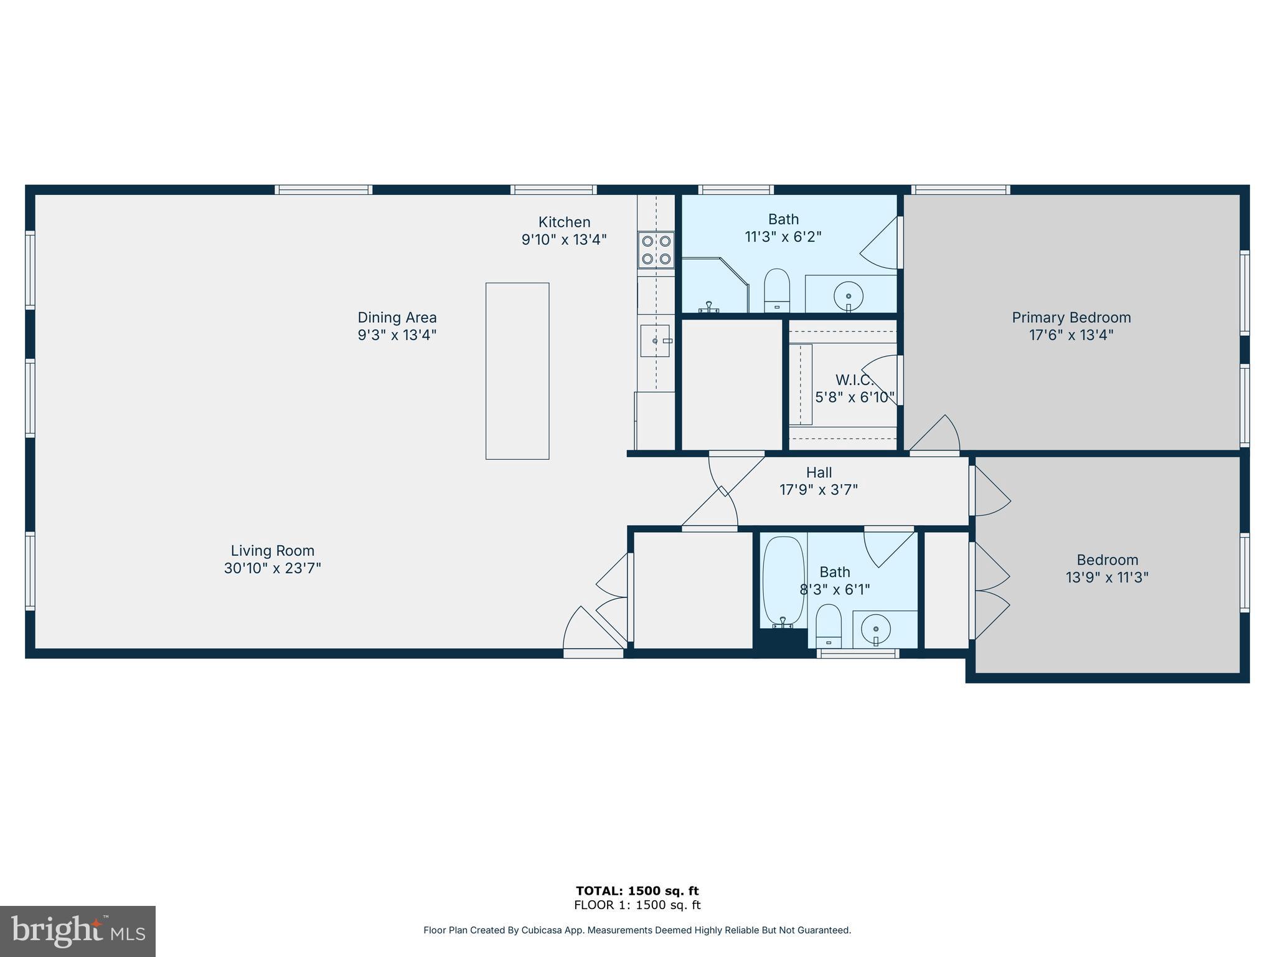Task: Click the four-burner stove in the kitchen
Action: click(x=656, y=250)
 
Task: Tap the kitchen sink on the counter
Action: click(x=655, y=341)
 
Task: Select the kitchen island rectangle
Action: click(x=517, y=371)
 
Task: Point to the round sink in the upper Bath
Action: click(x=848, y=295)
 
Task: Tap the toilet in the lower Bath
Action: click(x=829, y=626)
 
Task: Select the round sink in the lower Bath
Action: click(x=876, y=628)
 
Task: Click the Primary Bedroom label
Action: click(x=1071, y=318)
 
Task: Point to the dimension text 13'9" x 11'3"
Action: click(x=1107, y=578)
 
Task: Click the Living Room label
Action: click(x=273, y=551)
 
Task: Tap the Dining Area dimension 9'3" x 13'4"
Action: click(x=397, y=335)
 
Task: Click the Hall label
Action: click(x=819, y=473)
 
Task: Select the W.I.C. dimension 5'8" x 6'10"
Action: click(x=855, y=397)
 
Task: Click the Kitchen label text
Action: click(x=564, y=222)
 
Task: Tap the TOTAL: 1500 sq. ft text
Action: click(x=637, y=891)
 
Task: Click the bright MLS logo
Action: click(x=78, y=931)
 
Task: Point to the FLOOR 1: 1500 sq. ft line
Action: click(x=637, y=905)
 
